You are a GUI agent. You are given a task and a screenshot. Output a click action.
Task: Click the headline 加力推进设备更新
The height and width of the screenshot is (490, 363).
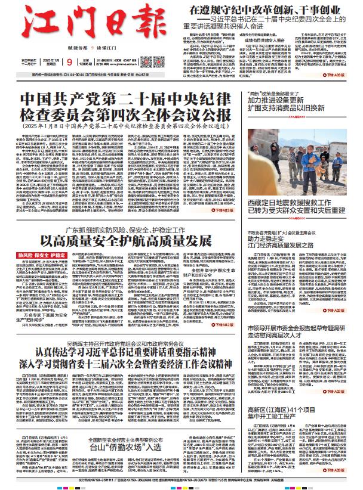pos(290,100)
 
